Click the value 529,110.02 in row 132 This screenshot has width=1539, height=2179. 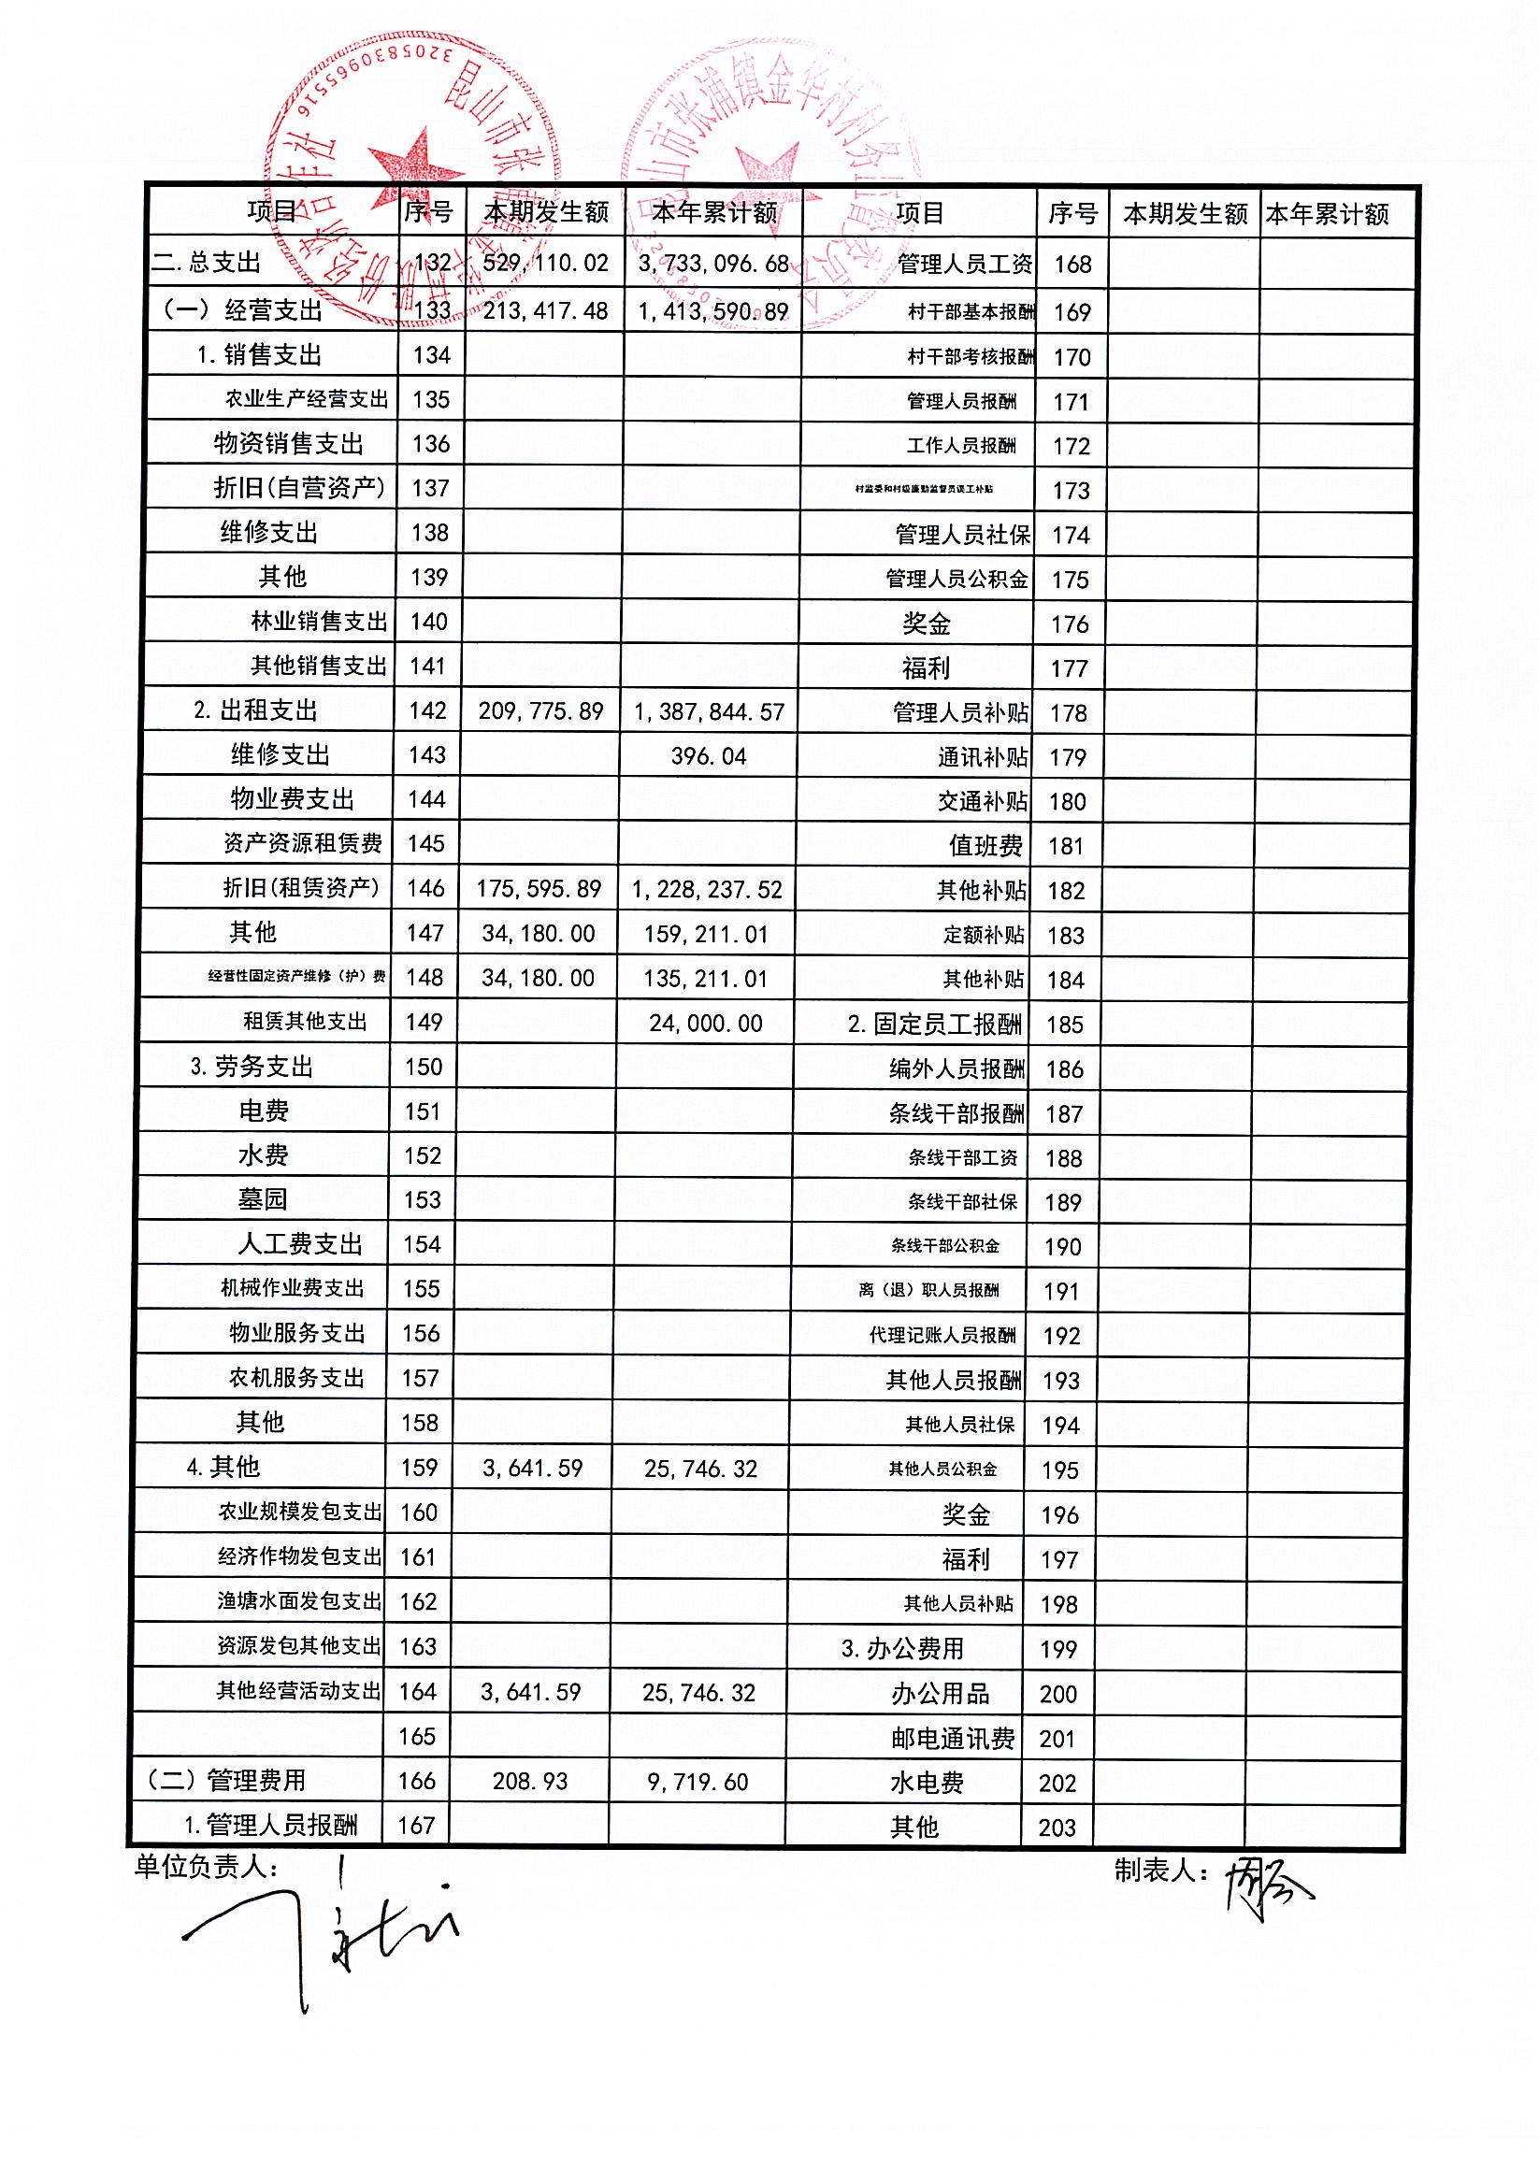pyautogui.click(x=545, y=263)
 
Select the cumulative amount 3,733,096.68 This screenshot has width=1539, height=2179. pyautogui.click(x=713, y=263)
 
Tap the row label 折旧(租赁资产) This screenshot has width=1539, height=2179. pyautogui.click(x=301, y=887)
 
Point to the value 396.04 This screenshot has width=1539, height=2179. pyautogui.click(x=709, y=756)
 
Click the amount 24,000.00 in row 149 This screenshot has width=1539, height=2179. pyautogui.click(x=705, y=1023)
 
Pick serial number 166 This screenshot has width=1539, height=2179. pyautogui.click(x=416, y=1781)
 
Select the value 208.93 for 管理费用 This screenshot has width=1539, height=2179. pyautogui.click(x=530, y=1782)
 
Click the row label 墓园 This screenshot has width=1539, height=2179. pyautogui.click(x=262, y=1199)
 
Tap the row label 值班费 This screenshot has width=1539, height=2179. pyautogui.click(x=985, y=846)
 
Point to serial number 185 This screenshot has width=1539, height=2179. pyautogui.click(x=1064, y=1025)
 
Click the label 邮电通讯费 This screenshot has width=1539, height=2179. pyautogui.click(x=952, y=1738)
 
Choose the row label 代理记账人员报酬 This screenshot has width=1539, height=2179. pyautogui.click(x=942, y=1335)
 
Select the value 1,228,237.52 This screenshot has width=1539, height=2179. pyautogui.click(x=707, y=889)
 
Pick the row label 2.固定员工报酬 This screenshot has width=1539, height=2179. pyautogui.click(x=934, y=1025)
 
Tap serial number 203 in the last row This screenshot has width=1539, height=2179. pyautogui.click(x=1057, y=1827)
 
